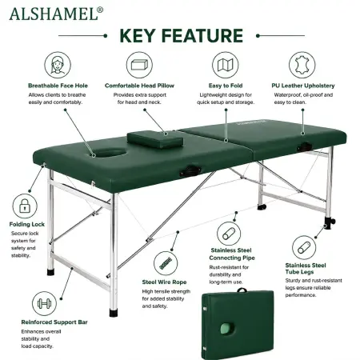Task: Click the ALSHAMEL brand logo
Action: [56, 14]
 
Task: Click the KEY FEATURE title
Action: [182, 36]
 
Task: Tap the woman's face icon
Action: [58, 65]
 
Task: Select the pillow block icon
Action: [139, 65]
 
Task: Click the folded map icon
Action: [226, 65]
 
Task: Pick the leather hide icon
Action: [302, 65]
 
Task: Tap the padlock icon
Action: [25, 206]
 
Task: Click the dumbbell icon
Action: [44, 303]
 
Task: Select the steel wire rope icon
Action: [166, 263]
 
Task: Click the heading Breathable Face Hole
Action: [58, 86]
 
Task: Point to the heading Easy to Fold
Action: [226, 86]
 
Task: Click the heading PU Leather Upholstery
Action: [303, 86]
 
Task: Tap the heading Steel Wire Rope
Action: [164, 282]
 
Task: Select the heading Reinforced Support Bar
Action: [54, 322]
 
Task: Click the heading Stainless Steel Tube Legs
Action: [306, 269]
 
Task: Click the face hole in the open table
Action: [110, 153]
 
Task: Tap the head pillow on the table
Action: [155, 139]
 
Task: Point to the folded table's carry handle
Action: [242, 290]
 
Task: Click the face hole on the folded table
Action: [227, 329]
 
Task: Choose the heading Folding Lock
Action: [27, 224]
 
